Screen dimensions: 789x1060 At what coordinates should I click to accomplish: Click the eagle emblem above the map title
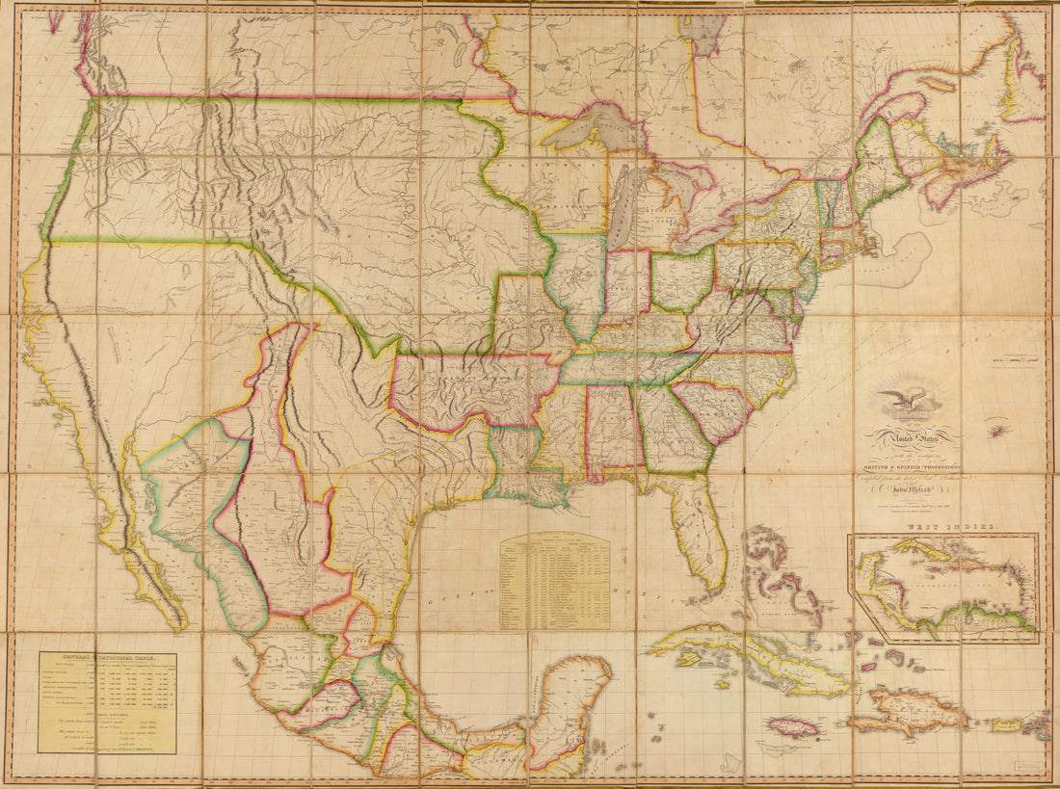point(907,398)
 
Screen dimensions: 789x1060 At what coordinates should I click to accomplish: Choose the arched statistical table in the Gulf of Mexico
point(554,580)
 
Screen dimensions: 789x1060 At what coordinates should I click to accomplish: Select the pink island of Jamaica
point(792,726)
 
